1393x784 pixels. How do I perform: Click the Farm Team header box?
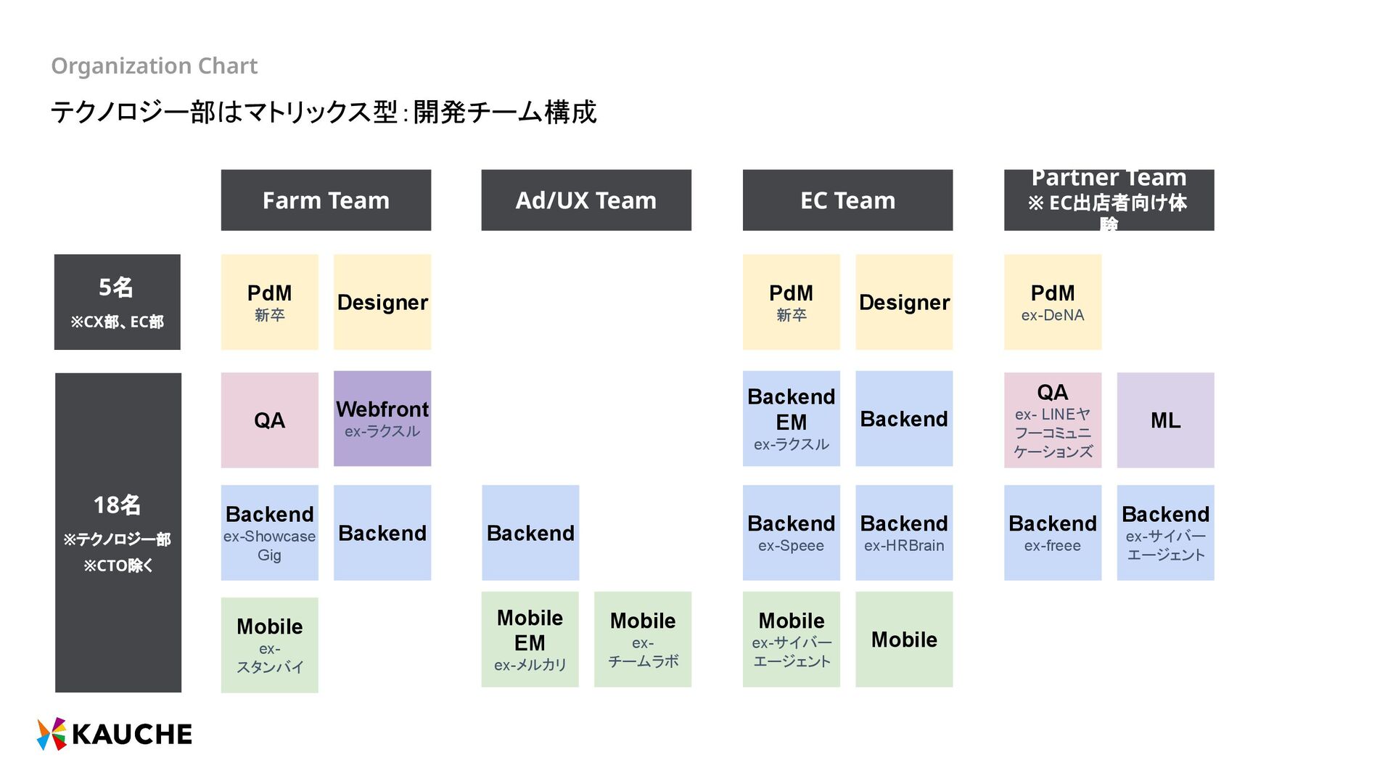[326, 200]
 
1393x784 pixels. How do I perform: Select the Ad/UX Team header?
[586, 200]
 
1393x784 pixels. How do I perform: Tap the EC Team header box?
[847, 200]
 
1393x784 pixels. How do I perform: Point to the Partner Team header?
[1109, 200]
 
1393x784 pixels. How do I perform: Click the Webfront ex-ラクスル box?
[382, 419]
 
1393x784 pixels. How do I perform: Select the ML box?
[1165, 420]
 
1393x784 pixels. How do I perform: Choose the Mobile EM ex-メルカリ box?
[530, 640]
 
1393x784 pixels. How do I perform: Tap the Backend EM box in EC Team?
[791, 419]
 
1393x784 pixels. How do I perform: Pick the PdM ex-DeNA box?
[1053, 302]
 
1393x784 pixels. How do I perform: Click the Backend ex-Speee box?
[791, 533]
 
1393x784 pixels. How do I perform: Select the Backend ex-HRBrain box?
[904, 533]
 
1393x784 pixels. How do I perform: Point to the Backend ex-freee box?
[1053, 533]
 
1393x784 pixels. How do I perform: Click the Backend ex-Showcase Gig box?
[269, 533]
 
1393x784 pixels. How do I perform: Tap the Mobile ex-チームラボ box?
[643, 640]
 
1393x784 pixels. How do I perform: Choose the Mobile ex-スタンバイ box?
[269, 645]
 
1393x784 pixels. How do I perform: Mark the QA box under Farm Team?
[269, 420]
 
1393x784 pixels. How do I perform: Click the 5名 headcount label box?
[118, 302]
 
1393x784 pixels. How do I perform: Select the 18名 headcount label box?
[118, 533]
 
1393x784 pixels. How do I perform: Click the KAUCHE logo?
[115, 734]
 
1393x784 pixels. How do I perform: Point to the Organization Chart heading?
[155, 66]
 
